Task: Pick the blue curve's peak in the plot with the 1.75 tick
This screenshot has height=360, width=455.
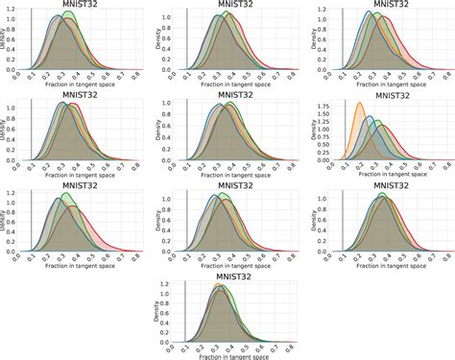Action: (x=369, y=116)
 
